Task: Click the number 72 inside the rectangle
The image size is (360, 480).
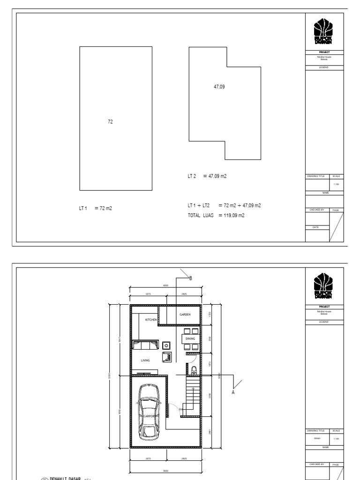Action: click(x=111, y=121)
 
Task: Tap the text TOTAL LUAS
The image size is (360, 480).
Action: click(x=201, y=216)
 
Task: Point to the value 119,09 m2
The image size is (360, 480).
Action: click(x=233, y=216)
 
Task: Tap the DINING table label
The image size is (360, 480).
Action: click(x=190, y=338)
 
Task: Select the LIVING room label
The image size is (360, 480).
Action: click(x=145, y=360)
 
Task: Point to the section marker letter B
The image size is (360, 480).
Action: click(x=190, y=278)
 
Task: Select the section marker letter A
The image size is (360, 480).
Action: click(x=233, y=392)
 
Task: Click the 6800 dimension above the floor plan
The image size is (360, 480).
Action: click(x=165, y=285)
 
